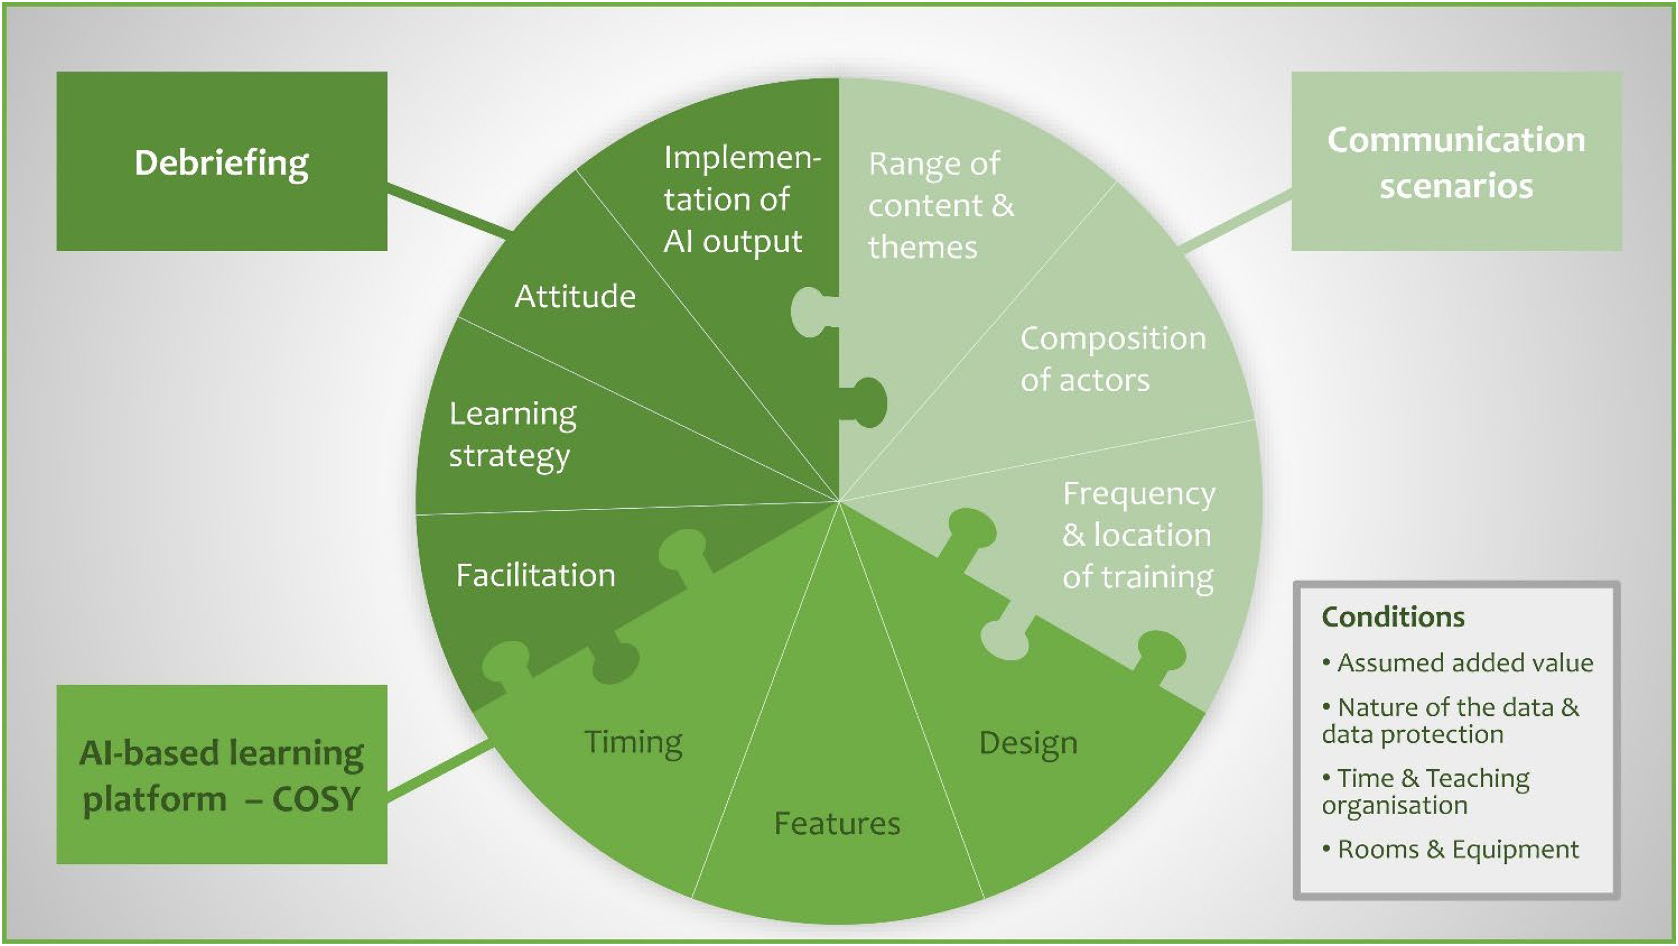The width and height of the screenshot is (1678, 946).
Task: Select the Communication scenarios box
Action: pyautogui.click(x=1456, y=162)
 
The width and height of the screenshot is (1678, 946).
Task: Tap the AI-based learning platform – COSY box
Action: pyautogui.click(x=221, y=775)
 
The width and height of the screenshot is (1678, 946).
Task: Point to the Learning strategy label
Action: pyautogui.click(x=513, y=434)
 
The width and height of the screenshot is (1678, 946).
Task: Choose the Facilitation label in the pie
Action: pyautogui.click(x=536, y=575)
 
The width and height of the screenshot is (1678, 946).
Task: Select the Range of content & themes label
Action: pyautogui.click(x=940, y=205)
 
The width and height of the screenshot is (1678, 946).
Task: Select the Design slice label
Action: pyautogui.click(x=1028, y=743)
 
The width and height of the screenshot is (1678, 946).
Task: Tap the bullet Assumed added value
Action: pyautogui.click(x=1464, y=663)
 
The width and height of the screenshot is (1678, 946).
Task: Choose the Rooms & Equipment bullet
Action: pyautogui.click(x=1458, y=850)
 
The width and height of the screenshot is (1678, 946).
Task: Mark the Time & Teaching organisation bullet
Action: pyautogui.click(x=1427, y=792)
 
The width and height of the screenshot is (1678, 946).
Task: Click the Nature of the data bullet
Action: pyautogui.click(x=1450, y=721)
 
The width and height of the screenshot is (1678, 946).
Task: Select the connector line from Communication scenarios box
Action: pyautogui.click(x=1236, y=222)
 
